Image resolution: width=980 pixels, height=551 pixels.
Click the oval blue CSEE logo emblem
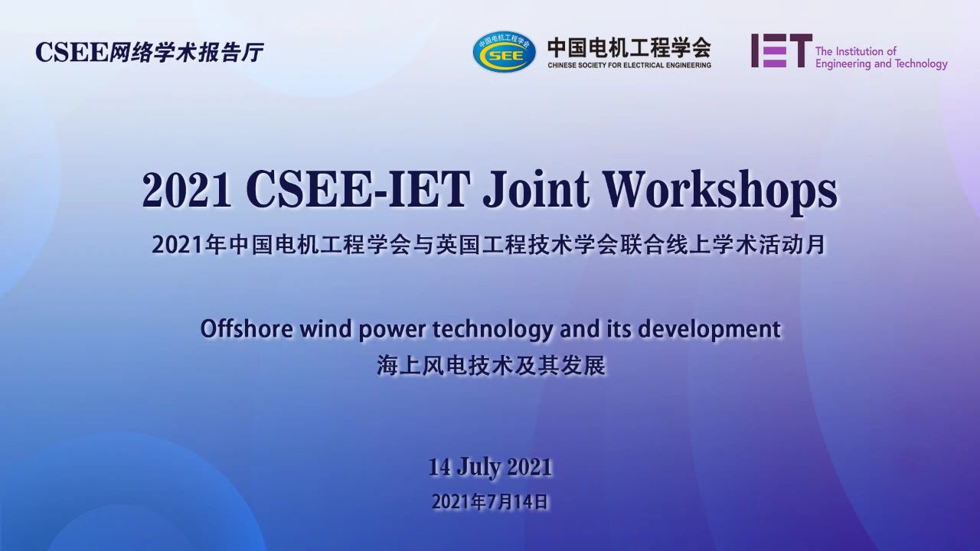(x=505, y=52)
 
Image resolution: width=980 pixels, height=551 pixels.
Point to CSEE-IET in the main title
(x=358, y=191)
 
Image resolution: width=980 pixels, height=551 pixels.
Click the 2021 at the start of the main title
(x=187, y=191)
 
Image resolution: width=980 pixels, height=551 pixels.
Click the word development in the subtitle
(x=709, y=330)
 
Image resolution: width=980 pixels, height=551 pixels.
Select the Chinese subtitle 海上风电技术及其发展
(x=492, y=366)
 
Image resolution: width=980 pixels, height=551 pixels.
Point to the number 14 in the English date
(x=439, y=467)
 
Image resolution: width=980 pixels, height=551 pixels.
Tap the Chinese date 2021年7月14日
(x=490, y=502)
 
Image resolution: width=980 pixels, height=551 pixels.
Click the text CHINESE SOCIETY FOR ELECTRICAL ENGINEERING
(x=629, y=65)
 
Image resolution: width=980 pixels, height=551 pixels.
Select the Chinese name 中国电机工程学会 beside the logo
(x=629, y=47)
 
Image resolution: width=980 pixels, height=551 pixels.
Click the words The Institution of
(x=856, y=51)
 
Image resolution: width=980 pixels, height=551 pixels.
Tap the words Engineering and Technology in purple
(x=881, y=64)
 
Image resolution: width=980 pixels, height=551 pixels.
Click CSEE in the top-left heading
(x=71, y=53)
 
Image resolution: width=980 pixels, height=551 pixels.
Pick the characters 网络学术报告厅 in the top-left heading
(x=186, y=53)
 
